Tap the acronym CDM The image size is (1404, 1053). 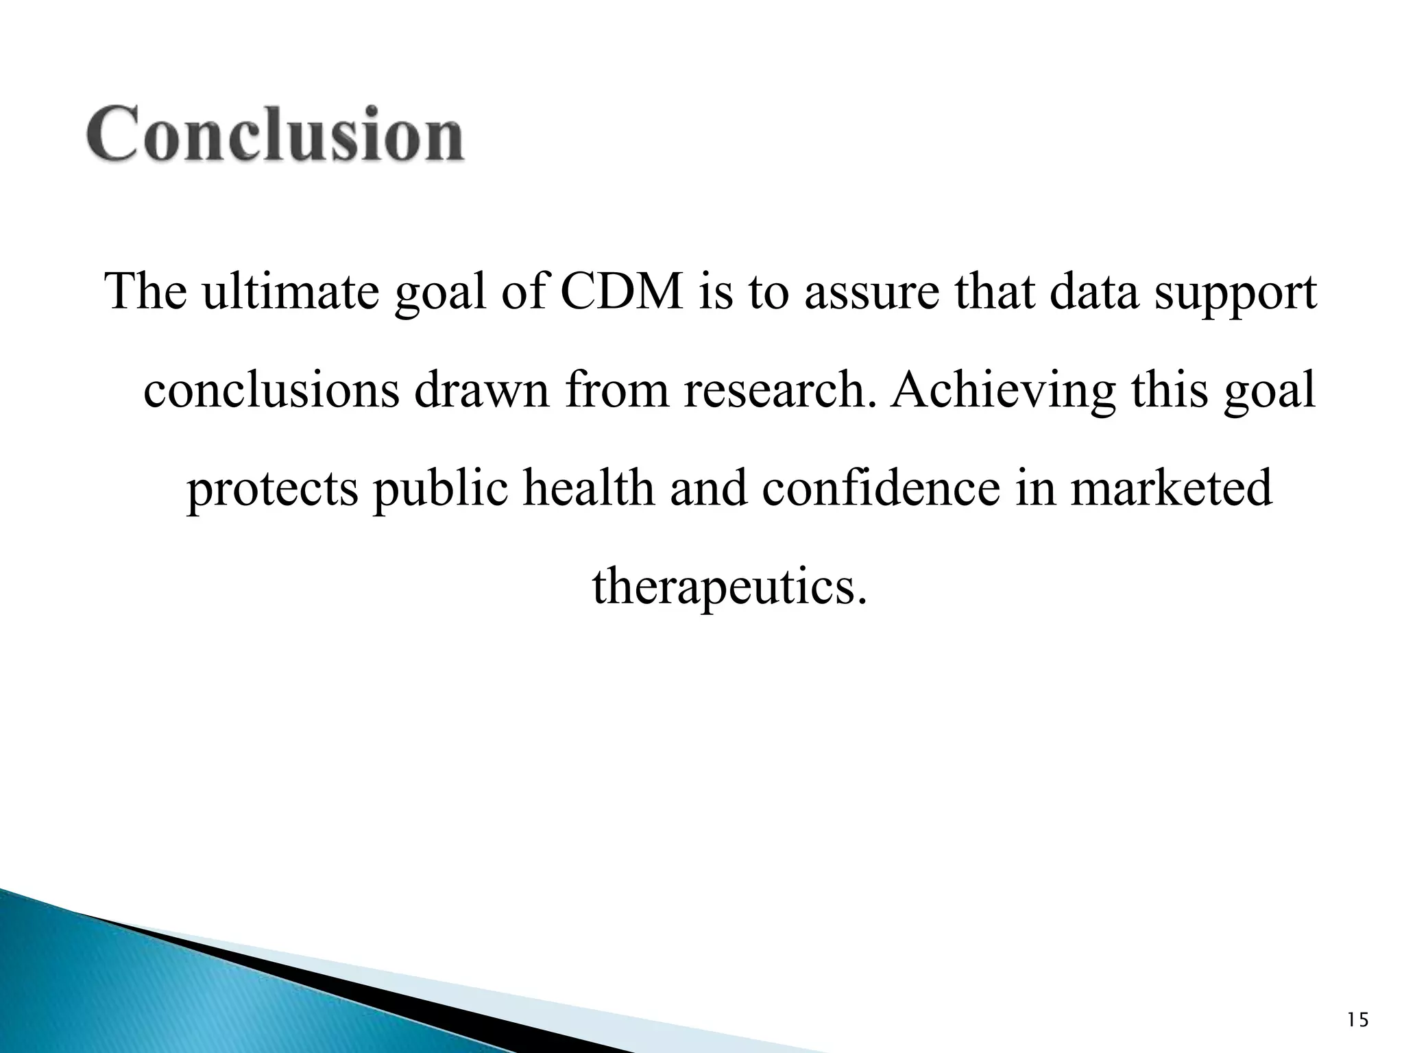622,291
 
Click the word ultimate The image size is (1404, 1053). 290,291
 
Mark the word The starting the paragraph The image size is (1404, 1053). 146,291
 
